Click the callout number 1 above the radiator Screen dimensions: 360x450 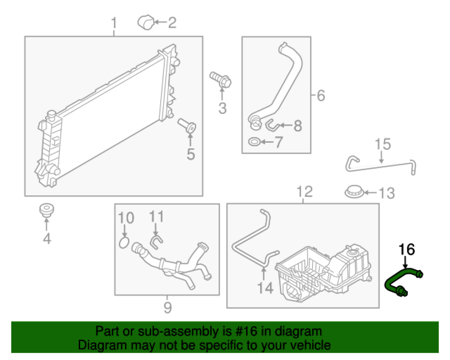(x=114, y=22)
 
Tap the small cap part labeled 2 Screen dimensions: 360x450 (x=145, y=21)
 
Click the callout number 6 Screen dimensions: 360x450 (x=320, y=96)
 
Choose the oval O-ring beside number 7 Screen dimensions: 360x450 (x=254, y=143)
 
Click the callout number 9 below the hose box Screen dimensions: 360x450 (x=167, y=308)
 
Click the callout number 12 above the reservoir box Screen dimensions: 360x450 (x=305, y=193)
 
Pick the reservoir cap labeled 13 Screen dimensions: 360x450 (x=354, y=192)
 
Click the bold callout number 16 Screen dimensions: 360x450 (x=406, y=249)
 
